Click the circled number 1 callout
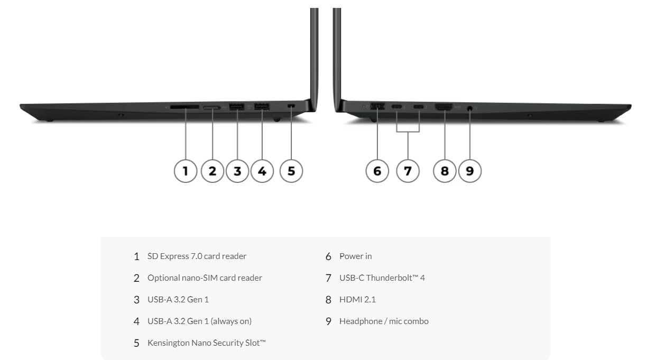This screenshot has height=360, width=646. click(186, 171)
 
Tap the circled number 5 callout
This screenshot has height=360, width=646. click(291, 171)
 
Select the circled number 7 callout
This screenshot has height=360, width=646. click(408, 171)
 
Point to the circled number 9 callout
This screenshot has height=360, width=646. click(470, 171)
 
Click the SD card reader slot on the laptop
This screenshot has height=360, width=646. click(184, 107)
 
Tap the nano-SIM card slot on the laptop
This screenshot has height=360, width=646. click(212, 108)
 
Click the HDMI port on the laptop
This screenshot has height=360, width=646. click(444, 107)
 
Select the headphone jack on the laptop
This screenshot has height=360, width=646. click(470, 108)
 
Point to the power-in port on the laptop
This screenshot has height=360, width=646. click(377, 106)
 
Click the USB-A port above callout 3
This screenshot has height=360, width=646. click(237, 107)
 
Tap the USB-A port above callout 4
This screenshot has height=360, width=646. click(262, 106)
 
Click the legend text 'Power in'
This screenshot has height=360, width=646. click(355, 256)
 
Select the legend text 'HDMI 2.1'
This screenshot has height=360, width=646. click(357, 299)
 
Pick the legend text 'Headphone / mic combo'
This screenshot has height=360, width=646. click(384, 321)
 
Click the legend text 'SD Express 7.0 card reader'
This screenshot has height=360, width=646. click(197, 256)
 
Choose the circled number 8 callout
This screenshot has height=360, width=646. click(445, 171)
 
